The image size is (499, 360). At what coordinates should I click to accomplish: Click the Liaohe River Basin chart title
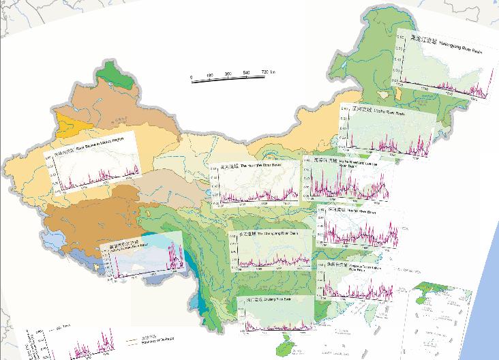(389, 110)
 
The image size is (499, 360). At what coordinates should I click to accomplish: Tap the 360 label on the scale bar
(228, 73)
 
